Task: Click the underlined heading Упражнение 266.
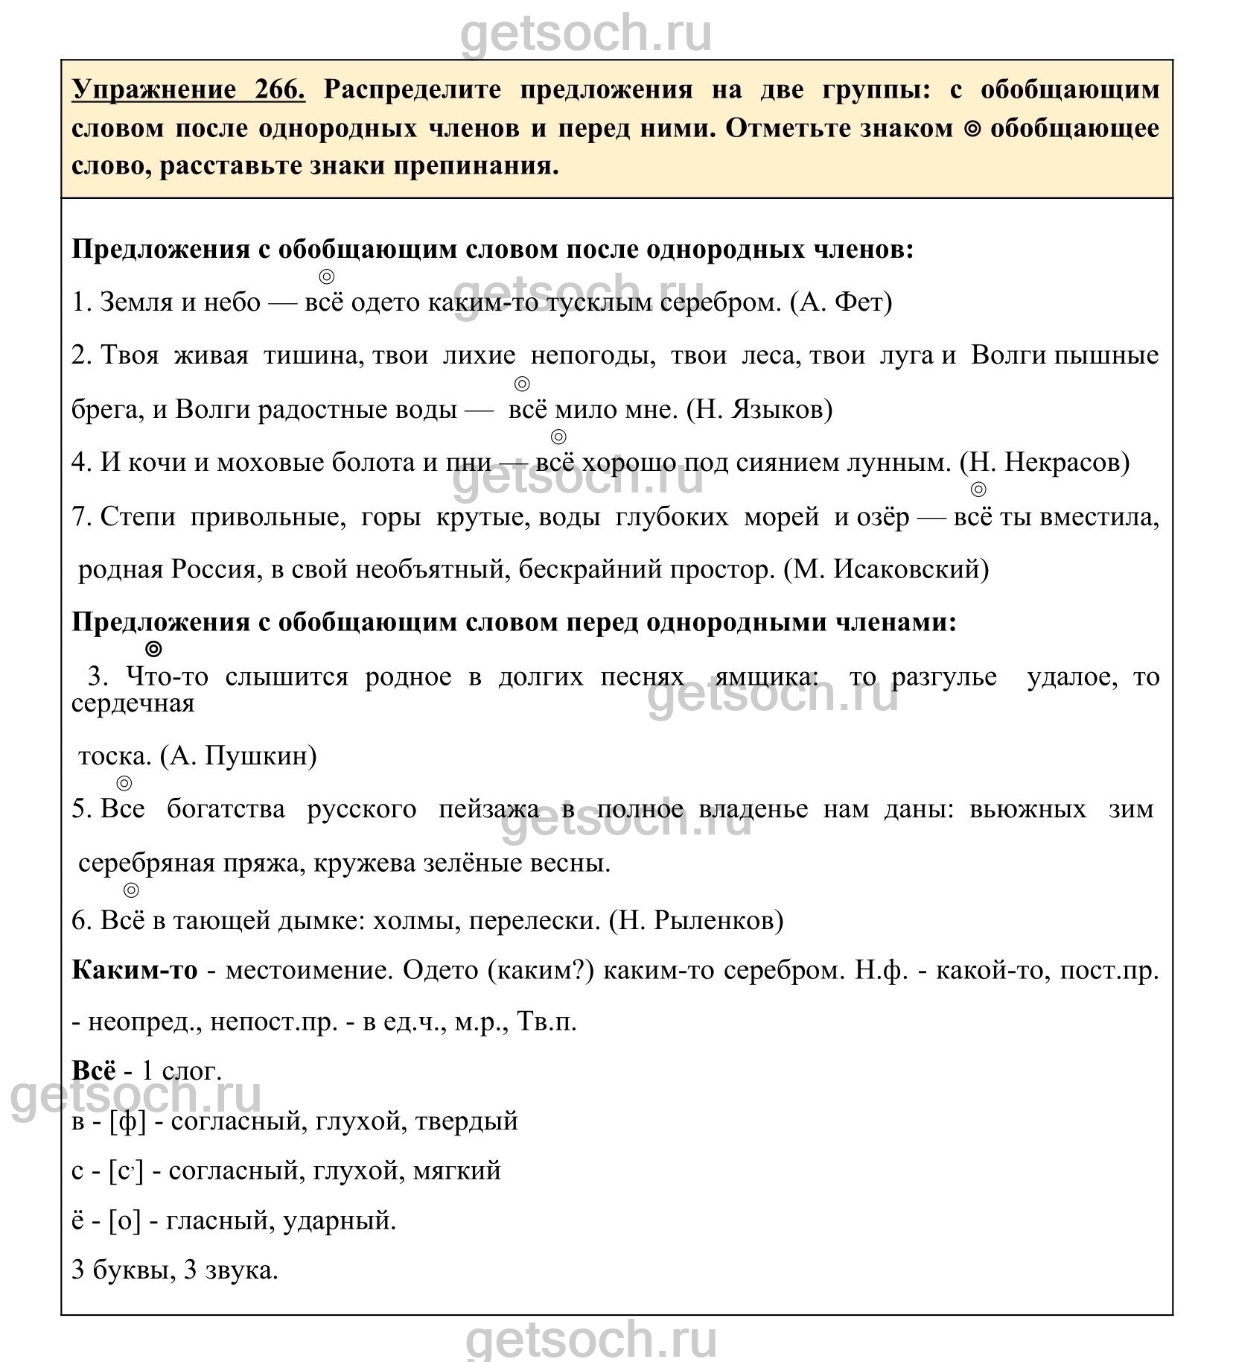pyautogui.click(x=188, y=90)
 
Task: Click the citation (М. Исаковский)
pyautogui.click(x=886, y=570)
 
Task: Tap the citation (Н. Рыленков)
pyautogui.click(x=696, y=922)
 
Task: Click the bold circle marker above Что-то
pyautogui.click(x=153, y=649)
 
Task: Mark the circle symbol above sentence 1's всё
pyautogui.click(x=326, y=277)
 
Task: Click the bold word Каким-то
pyautogui.click(x=135, y=971)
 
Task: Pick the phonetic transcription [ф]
pyautogui.click(x=127, y=1121)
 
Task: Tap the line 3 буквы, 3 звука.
pyautogui.click(x=175, y=1271)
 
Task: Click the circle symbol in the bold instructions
pyautogui.click(x=972, y=128)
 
